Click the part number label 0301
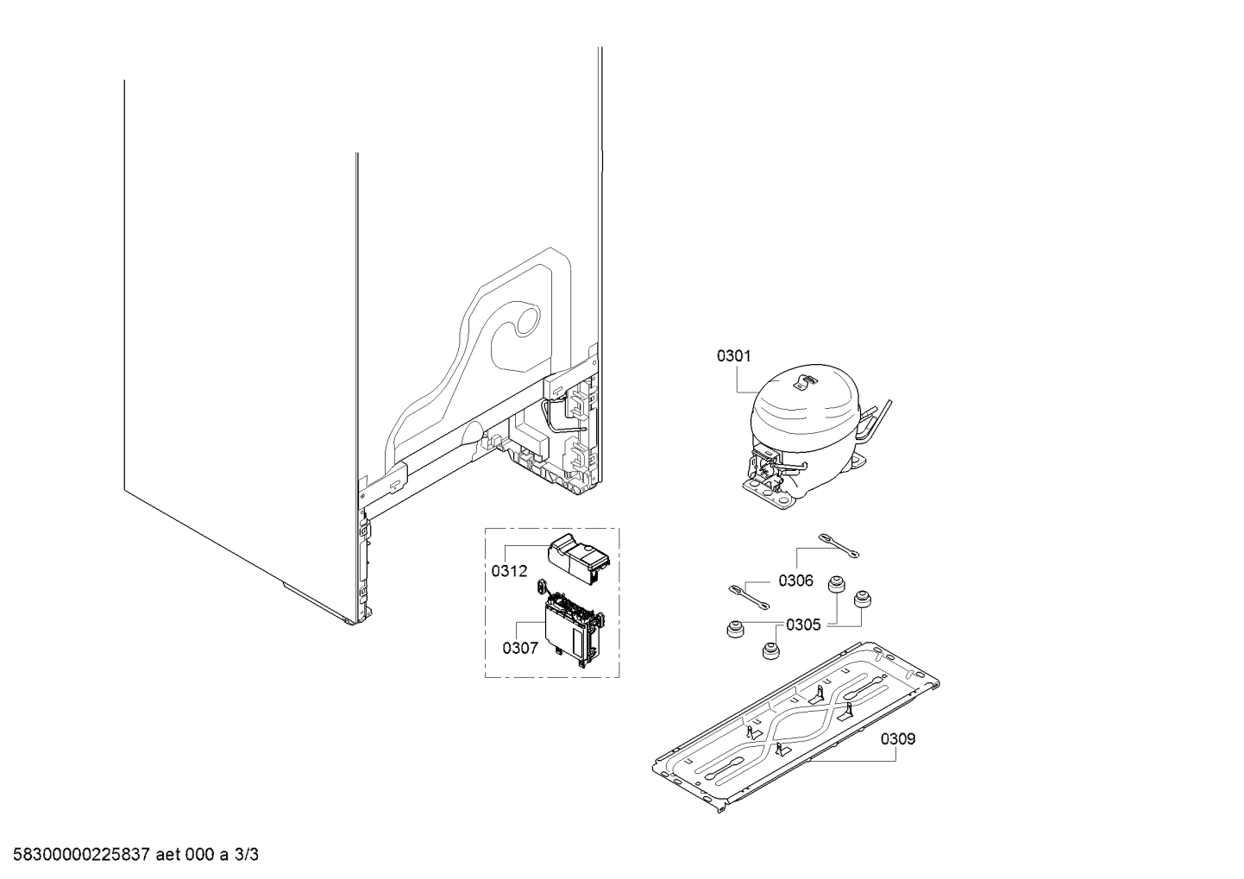click(x=733, y=356)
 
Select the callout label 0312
click(x=509, y=571)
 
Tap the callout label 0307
click(x=520, y=648)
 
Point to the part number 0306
click(x=795, y=581)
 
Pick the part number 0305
click(x=803, y=625)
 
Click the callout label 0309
click(x=898, y=739)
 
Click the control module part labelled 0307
click(x=572, y=625)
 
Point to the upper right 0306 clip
click(x=839, y=545)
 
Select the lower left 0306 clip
click(x=749, y=597)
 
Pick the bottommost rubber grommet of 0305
click(x=770, y=650)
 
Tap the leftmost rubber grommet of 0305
click(x=736, y=629)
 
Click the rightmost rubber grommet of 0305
click(x=862, y=600)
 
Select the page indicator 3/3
click(x=247, y=855)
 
